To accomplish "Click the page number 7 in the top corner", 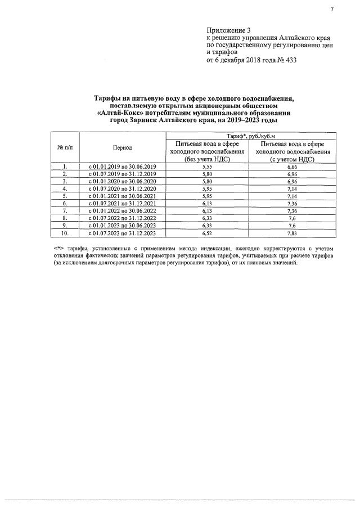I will tap(332, 8).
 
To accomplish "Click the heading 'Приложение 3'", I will tap(226, 29).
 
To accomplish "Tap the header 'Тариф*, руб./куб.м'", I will tap(251, 136).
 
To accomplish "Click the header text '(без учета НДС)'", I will tap(208, 159).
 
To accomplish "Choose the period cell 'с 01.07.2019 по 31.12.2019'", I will tap(122, 174).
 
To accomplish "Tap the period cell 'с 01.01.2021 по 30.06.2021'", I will tap(122, 196).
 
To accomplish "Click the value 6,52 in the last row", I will tap(208, 232).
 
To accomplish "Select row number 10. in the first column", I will tap(65, 232).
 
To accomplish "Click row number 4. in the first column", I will tap(65, 188).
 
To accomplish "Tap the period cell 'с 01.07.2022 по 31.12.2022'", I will tap(122, 217).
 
